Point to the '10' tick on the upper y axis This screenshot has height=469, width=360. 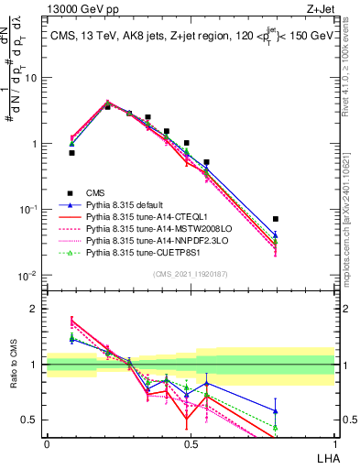[x=33, y=77]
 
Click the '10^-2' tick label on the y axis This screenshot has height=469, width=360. [x=30, y=276]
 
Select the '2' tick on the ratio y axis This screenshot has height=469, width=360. [x=35, y=309]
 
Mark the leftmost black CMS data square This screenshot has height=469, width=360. [x=71, y=153]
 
